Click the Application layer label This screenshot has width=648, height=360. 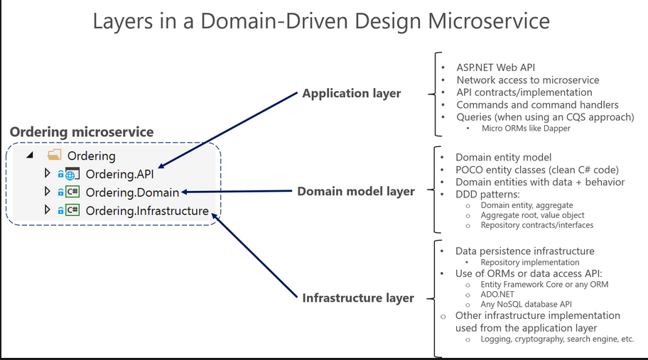[x=351, y=93]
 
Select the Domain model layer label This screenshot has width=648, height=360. [x=355, y=191]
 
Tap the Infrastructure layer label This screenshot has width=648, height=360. [x=358, y=298]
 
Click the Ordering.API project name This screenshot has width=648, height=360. [x=119, y=173]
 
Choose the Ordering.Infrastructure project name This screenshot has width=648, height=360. [x=147, y=210]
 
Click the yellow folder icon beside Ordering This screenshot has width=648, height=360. [x=54, y=155]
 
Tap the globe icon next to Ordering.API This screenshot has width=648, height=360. [x=71, y=173]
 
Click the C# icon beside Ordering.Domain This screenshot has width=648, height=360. [x=72, y=192]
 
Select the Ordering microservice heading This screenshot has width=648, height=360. [x=81, y=132]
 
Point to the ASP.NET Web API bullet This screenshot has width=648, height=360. [x=495, y=67]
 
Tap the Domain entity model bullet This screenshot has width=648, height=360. [x=503, y=157]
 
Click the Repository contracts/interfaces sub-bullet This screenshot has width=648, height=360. [x=536, y=225]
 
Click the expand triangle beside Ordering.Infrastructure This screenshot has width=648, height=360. [x=48, y=210]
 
